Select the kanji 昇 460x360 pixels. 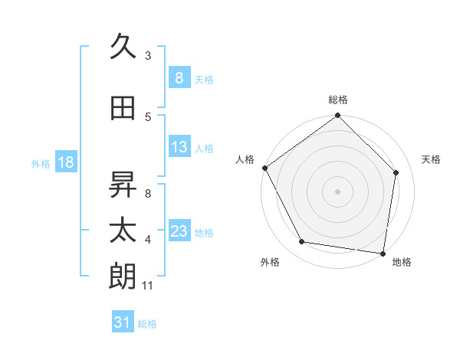coord(123,183)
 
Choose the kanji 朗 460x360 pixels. coord(123,277)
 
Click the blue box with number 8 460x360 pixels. coord(179,78)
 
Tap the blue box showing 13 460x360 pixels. coord(179,147)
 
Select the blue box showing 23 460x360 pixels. coord(179,231)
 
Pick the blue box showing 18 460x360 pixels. coord(65,162)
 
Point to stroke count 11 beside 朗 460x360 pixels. coord(148,286)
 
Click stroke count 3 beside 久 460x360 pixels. coord(148,55)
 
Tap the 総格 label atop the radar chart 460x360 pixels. coord(337,100)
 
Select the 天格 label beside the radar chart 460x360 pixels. coord(431,159)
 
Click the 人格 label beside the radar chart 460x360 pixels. coord(245,159)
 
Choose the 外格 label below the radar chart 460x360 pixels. coord(270,262)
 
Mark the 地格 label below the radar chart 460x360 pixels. coord(402,262)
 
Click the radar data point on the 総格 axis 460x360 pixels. coord(337,116)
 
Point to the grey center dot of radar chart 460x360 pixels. coord(337,191)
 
